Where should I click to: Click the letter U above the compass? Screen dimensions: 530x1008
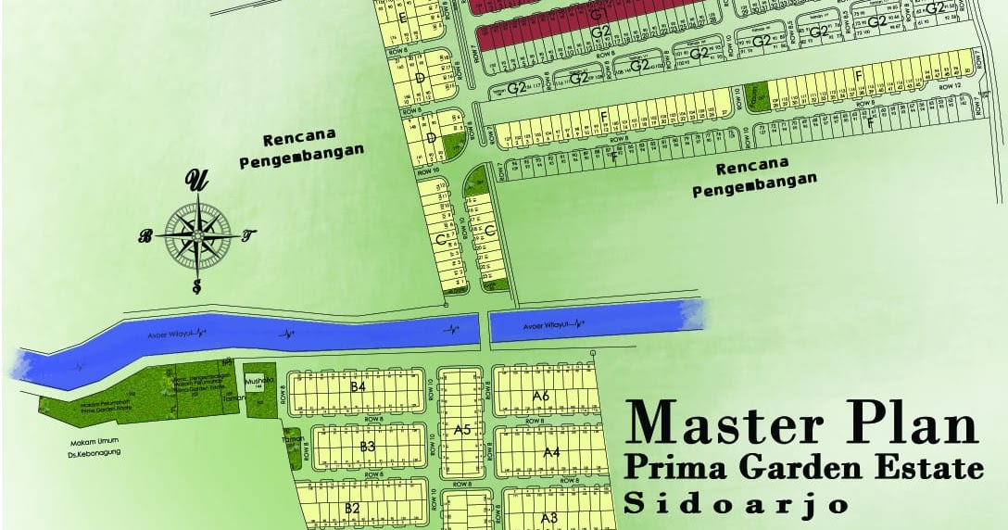click(x=196, y=180)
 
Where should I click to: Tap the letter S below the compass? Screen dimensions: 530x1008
click(x=196, y=285)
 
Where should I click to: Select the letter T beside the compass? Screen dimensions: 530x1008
click(x=248, y=235)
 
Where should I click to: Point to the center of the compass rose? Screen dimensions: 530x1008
click(x=197, y=235)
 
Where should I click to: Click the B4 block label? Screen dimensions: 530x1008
click(x=359, y=386)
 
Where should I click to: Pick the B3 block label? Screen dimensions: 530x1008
click(x=367, y=447)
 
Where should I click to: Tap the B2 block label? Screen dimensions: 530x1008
click(x=352, y=508)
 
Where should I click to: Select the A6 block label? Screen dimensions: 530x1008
click(x=542, y=396)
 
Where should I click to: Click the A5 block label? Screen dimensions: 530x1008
click(x=462, y=429)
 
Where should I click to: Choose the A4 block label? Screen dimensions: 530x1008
click(x=551, y=452)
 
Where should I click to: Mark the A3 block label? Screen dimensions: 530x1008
click(x=548, y=517)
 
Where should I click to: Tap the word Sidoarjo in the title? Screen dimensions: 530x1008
click(x=737, y=505)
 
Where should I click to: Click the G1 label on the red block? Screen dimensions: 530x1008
click(x=598, y=15)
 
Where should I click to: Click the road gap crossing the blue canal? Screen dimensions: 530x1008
click(x=484, y=328)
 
